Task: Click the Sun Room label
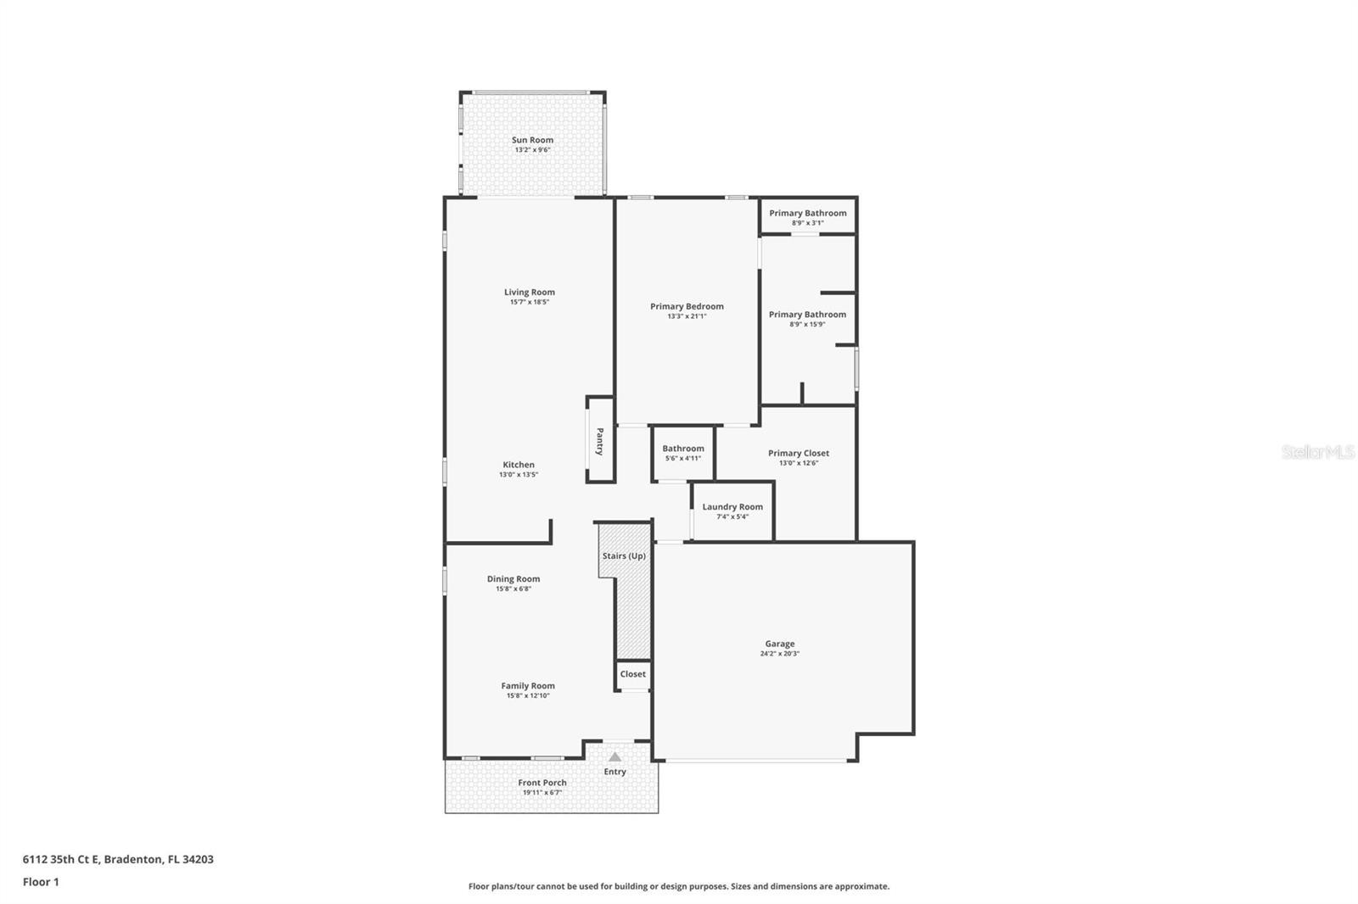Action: coord(532,140)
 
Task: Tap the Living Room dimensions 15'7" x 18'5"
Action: coord(530,302)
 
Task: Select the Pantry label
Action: coord(600,441)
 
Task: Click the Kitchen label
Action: coord(519,465)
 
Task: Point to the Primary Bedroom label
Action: coord(687,306)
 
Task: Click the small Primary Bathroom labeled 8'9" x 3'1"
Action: coord(807,216)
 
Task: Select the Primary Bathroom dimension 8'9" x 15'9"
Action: coord(807,324)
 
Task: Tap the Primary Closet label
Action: coord(798,453)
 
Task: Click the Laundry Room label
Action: coord(732,506)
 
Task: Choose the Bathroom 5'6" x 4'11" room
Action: coord(683,453)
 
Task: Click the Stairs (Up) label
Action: coord(624,556)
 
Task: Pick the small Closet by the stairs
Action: coord(632,674)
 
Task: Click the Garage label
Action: coord(779,644)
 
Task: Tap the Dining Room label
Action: coord(513,579)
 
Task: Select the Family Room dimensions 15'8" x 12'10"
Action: coord(528,695)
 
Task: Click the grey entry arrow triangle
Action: coord(614,756)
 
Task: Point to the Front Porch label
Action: coord(542,783)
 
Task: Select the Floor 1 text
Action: coord(41,882)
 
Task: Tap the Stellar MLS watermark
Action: coord(1317,452)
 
